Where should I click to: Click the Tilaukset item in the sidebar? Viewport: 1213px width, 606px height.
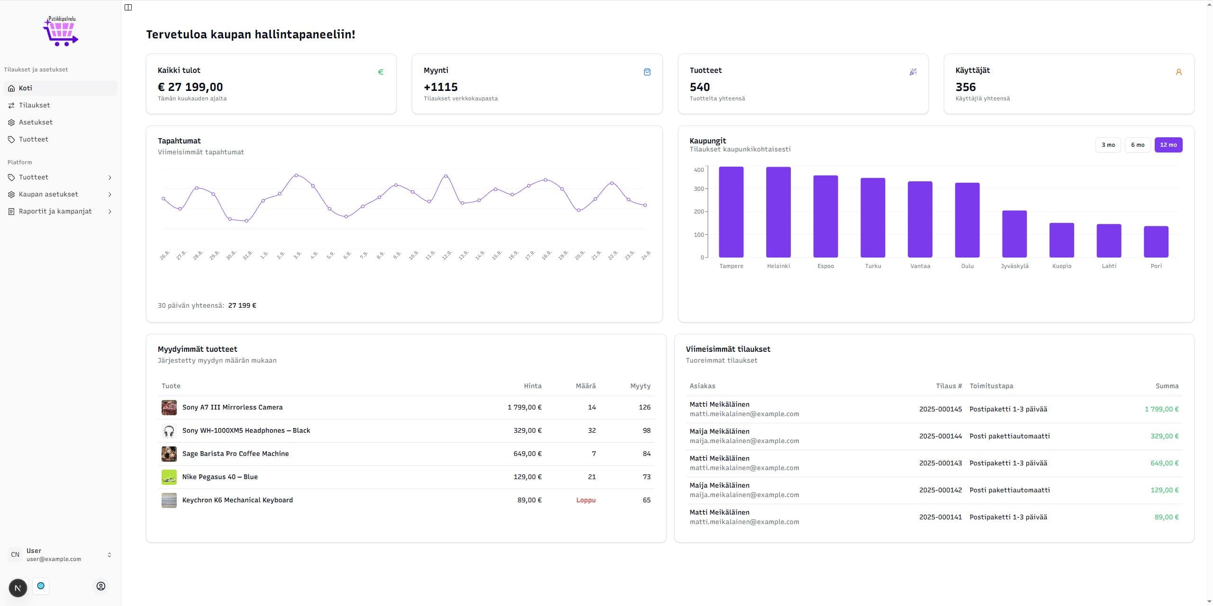34,105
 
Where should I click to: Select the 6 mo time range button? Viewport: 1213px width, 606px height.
1137,145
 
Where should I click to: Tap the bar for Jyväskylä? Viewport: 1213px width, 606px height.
1014,234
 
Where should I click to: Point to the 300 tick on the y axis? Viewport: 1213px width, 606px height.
698,189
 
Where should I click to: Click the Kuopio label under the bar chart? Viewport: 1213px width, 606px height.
1061,266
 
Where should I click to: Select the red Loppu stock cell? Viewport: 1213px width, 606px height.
586,500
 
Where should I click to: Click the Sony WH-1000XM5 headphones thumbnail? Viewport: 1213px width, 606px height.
169,431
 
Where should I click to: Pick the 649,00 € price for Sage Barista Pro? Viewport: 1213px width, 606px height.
527,454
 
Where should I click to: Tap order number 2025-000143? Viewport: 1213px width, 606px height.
940,463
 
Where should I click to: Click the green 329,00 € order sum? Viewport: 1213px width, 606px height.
1164,436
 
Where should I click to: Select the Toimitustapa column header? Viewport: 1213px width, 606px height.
991,386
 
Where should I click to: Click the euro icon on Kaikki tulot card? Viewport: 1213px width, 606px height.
380,72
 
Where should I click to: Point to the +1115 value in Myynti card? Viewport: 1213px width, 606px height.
440,87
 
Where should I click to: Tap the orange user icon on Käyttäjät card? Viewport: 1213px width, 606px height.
1178,72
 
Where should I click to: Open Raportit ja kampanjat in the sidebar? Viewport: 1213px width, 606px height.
55,211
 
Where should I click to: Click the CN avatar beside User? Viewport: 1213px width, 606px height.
15,554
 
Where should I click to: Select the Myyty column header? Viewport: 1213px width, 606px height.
640,386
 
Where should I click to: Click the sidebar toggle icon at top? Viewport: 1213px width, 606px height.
128,7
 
